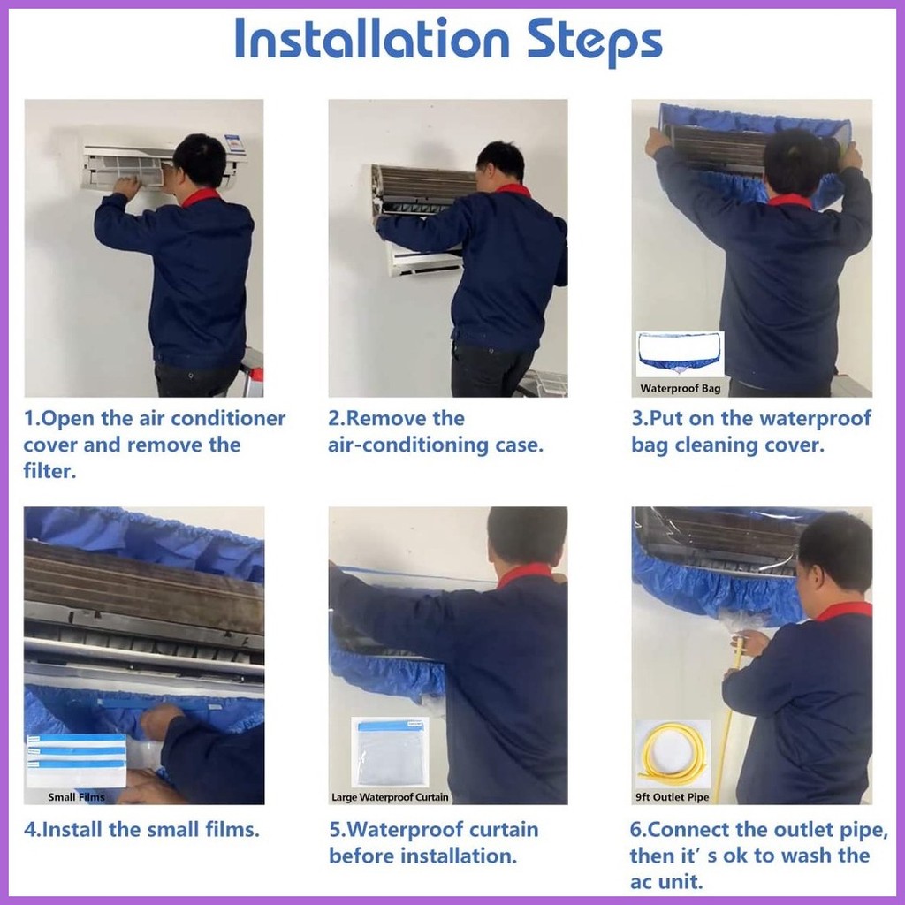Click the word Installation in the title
372,38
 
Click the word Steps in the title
595,42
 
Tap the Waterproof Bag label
680,389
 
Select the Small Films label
76,797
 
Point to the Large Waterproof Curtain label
390,797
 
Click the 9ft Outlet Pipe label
672,797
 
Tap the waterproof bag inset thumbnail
680,354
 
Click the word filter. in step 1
49,471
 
